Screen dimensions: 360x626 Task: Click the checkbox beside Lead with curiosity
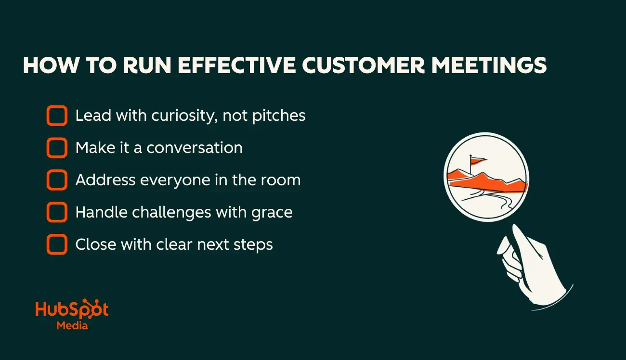[57, 116]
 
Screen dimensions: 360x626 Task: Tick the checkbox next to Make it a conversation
[57, 148]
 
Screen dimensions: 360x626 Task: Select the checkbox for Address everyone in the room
[57, 180]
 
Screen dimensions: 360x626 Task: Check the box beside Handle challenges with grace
[57, 212]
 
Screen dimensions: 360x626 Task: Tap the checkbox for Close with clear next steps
[57, 244]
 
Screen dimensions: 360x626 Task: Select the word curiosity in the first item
[183, 116]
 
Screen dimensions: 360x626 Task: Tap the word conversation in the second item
[194, 148]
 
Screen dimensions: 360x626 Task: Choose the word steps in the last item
[254, 245]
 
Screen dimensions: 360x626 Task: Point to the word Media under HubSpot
[72, 325]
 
